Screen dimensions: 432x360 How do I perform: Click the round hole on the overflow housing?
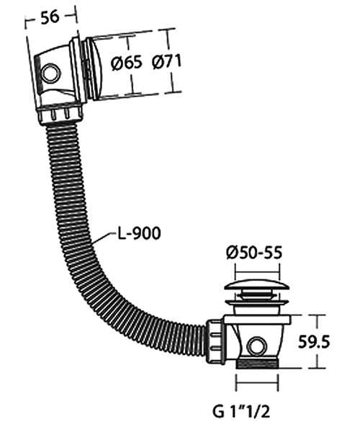[x=50, y=73]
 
